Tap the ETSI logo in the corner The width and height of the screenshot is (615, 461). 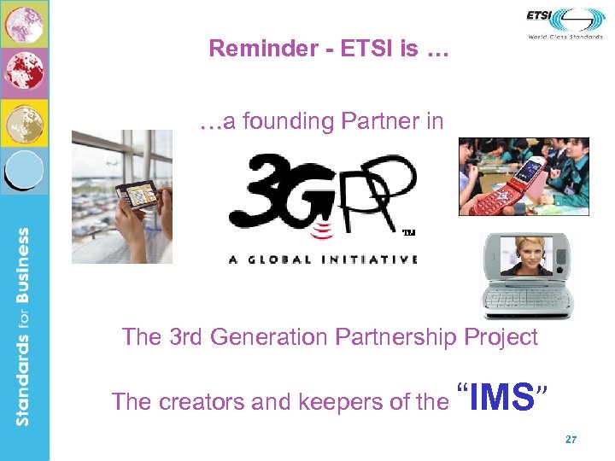565,19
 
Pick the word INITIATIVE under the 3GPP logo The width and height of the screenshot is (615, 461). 372,260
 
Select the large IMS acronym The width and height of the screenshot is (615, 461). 503,398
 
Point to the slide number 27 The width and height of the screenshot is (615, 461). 571,440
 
